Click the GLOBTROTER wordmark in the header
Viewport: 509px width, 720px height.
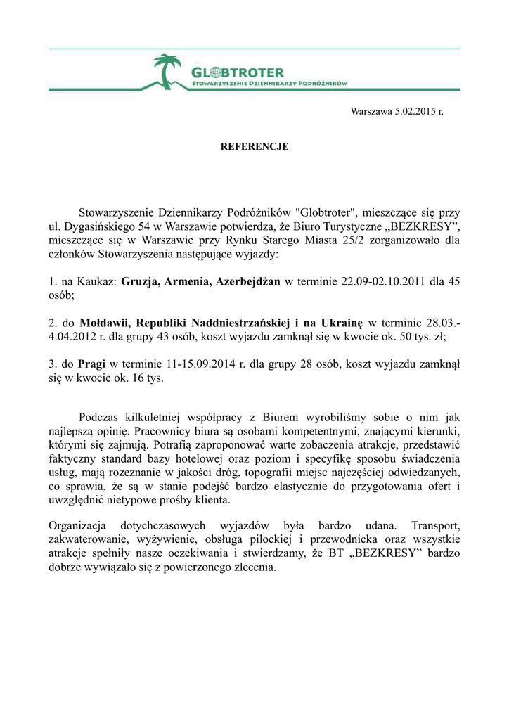point(238,72)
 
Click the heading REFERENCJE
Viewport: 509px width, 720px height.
point(254,147)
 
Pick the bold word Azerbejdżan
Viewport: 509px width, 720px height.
point(248,282)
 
